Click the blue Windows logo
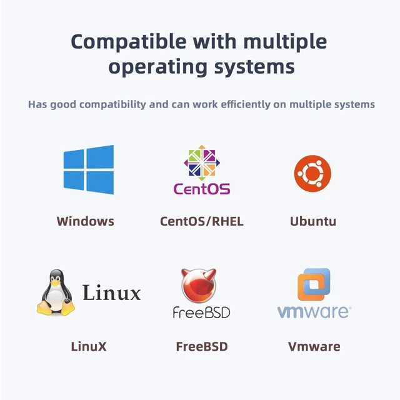point(89,170)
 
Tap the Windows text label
point(86,221)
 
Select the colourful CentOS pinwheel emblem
point(202,162)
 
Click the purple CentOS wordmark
point(202,189)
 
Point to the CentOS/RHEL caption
point(202,221)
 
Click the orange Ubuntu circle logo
point(312,174)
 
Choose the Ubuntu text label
point(313,221)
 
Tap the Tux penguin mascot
point(56,292)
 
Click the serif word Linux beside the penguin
point(111,292)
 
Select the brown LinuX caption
point(89,346)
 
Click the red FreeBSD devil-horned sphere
point(199,286)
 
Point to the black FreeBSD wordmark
point(201,312)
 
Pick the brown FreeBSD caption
point(202,346)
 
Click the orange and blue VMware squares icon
point(314,284)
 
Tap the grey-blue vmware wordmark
point(314,311)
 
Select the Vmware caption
point(314,346)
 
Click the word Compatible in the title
point(129,42)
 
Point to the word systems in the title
point(254,67)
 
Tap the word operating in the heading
point(157,67)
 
